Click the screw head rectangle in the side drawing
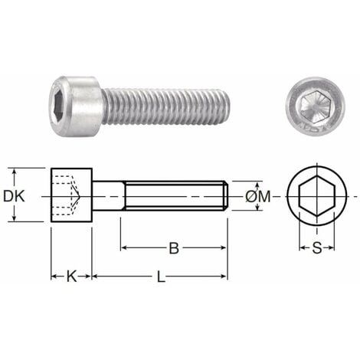71,196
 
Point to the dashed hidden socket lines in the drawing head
67,196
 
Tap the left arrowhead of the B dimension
125,247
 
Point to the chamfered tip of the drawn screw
225,196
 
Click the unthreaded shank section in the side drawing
106,196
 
